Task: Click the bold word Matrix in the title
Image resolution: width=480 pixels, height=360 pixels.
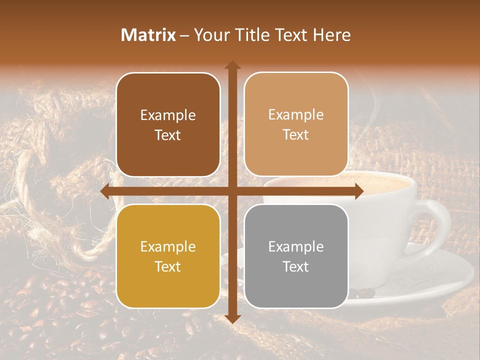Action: coord(148,35)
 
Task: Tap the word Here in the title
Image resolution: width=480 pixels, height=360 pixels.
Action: coord(332,35)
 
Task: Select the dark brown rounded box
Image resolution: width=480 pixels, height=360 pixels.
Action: coord(168,125)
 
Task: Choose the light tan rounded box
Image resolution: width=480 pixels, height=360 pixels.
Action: coord(296,125)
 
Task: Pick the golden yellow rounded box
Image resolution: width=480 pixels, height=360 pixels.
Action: coord(168,256)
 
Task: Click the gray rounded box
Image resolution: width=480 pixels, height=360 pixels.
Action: coord(296,256)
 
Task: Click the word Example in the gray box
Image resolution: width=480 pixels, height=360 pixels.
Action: coord(296,246)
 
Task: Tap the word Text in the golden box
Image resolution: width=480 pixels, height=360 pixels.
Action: coord(167,266)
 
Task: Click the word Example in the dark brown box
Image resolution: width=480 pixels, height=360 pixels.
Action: coord(168,115)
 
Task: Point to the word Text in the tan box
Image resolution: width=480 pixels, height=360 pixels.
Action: coord(296,135)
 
